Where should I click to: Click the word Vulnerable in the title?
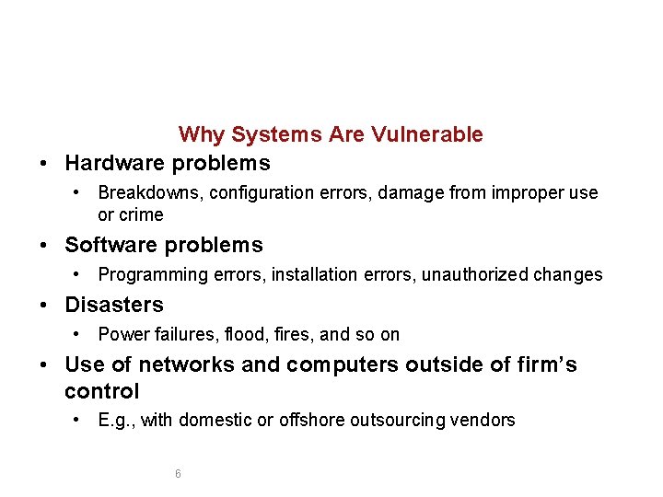(x=427, y=134)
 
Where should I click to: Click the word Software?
(x=108, y=246)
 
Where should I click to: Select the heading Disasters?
(x=114, y=305)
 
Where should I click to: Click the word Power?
(x=121, y=334)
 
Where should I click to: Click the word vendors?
(x=484, y=421)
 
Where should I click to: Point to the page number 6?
(x=178, y=474)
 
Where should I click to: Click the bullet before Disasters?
(x=45, y=305)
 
